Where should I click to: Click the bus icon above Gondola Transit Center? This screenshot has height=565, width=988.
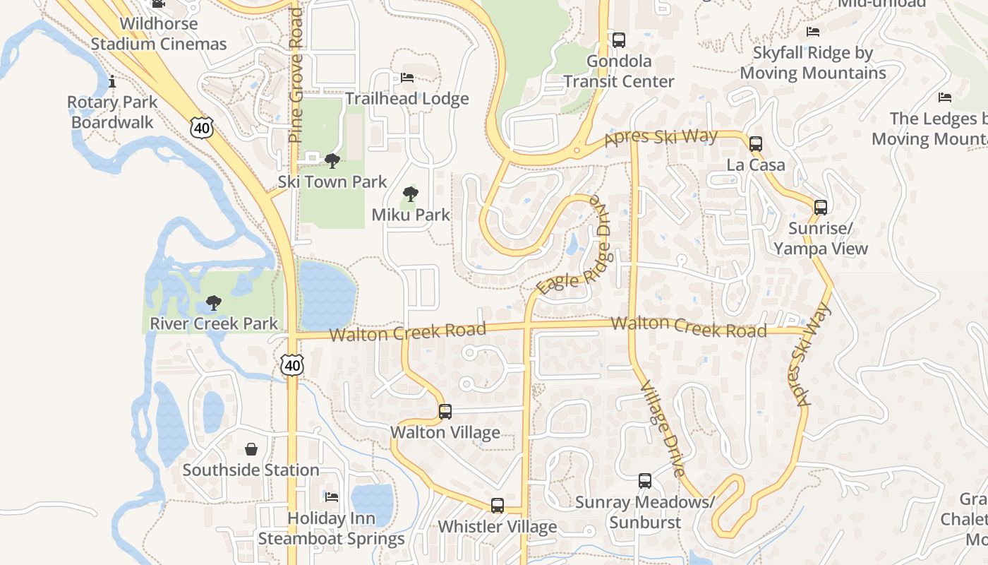click(619, 40)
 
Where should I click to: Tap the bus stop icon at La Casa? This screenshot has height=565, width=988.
click(756, 144)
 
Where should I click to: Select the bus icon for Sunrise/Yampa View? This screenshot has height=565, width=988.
click(820, 208)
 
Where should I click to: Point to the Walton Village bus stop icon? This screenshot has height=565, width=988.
click(445, 412)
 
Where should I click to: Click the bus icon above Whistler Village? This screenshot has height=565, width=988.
click(498, 506)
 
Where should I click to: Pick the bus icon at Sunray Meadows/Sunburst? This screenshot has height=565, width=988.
click(645, 481)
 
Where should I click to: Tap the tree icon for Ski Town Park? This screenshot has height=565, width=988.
click(332, 161)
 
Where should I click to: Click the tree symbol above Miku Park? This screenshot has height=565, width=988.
click(410, 194)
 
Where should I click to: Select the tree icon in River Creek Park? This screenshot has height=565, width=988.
click(213, 304)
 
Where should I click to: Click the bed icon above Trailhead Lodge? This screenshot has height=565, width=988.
click(407, 78)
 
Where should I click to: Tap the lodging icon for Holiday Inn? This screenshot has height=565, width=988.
click(332, 497)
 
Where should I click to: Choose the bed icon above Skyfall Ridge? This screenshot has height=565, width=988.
click(813, 32)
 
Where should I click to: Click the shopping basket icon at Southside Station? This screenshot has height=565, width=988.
click(251, 449)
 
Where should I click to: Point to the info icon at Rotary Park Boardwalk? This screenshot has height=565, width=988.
click(112, 82)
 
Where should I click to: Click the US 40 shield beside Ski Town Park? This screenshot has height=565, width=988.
click(200, 128)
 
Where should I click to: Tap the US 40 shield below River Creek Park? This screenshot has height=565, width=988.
click(291, 364)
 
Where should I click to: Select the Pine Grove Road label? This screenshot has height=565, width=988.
click(296, 76)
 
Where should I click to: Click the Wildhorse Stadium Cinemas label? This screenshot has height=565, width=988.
click(159, 33)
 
